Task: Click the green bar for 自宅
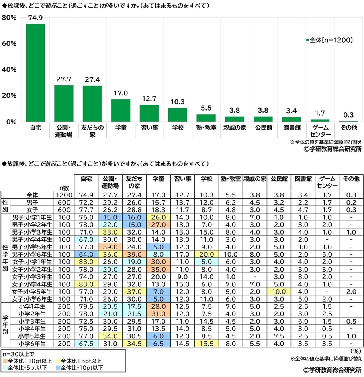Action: [x=35, y=73]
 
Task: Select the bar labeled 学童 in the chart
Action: [x=121, y=110]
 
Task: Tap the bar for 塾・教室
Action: [x=206, y=118]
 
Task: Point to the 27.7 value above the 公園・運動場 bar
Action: [x=64, y=80]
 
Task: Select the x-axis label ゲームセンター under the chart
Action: [x=320, y=131]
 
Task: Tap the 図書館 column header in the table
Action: [x=303, y=179]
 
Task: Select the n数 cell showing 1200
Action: [x=64, y=195]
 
